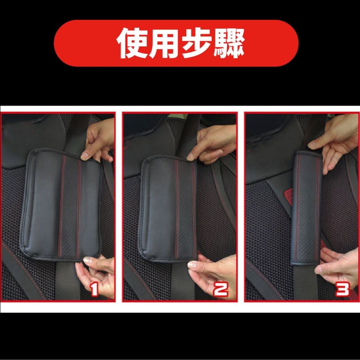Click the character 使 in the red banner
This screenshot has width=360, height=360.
point(133,43)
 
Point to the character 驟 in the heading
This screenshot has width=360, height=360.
point(229,43)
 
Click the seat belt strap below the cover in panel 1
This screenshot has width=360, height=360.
point(66,281)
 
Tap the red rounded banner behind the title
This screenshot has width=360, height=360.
point(176,43)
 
